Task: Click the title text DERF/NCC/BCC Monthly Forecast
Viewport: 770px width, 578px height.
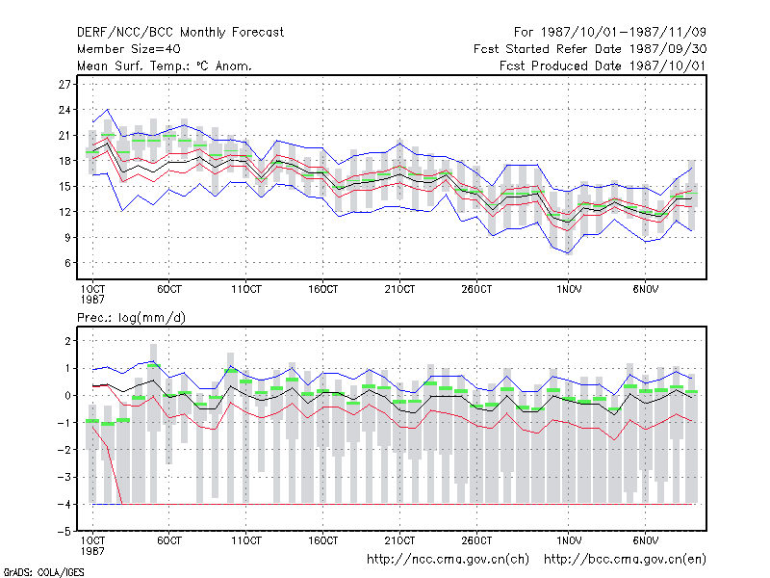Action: click(x=180, y=33)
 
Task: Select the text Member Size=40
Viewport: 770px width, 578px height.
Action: click(x=129, y=49)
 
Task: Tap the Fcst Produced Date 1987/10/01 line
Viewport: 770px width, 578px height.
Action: click(x=603, y=66)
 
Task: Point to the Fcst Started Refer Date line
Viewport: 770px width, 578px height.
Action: click(x=590, y=49)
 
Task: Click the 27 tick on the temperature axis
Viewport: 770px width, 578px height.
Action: click(x=64, y=85)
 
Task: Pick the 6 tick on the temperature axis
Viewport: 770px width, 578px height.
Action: click(x=67, y=263)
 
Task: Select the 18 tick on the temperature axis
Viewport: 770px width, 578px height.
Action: click(x=64, y=161)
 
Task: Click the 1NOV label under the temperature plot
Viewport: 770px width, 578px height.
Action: click(x=569, y=289)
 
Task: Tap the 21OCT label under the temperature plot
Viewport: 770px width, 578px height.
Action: click(x=399, y=289)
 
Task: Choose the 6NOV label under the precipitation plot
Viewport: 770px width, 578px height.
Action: click(x=645, y=540)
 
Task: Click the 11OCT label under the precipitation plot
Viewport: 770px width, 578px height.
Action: click(x=246, y=540)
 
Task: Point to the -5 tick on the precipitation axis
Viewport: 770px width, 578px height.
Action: click(x=64, y=532)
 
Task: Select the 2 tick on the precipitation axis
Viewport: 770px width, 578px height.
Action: click(x=67, y=341)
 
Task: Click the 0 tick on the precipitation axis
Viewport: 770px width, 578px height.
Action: click(x=67, y=395)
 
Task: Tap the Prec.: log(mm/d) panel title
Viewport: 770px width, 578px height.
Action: click(x=131, y=318)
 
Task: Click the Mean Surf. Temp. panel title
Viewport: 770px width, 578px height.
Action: click(x=164, y=66)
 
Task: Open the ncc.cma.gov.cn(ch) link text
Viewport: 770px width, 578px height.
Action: click(x=448, y=560)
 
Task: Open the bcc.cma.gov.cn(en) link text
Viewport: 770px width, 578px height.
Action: click(x=625, y=560)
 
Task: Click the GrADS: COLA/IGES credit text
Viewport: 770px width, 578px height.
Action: click(x=43, y=572)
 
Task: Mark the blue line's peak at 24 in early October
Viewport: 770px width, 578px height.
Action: click(x=108, y=110)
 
